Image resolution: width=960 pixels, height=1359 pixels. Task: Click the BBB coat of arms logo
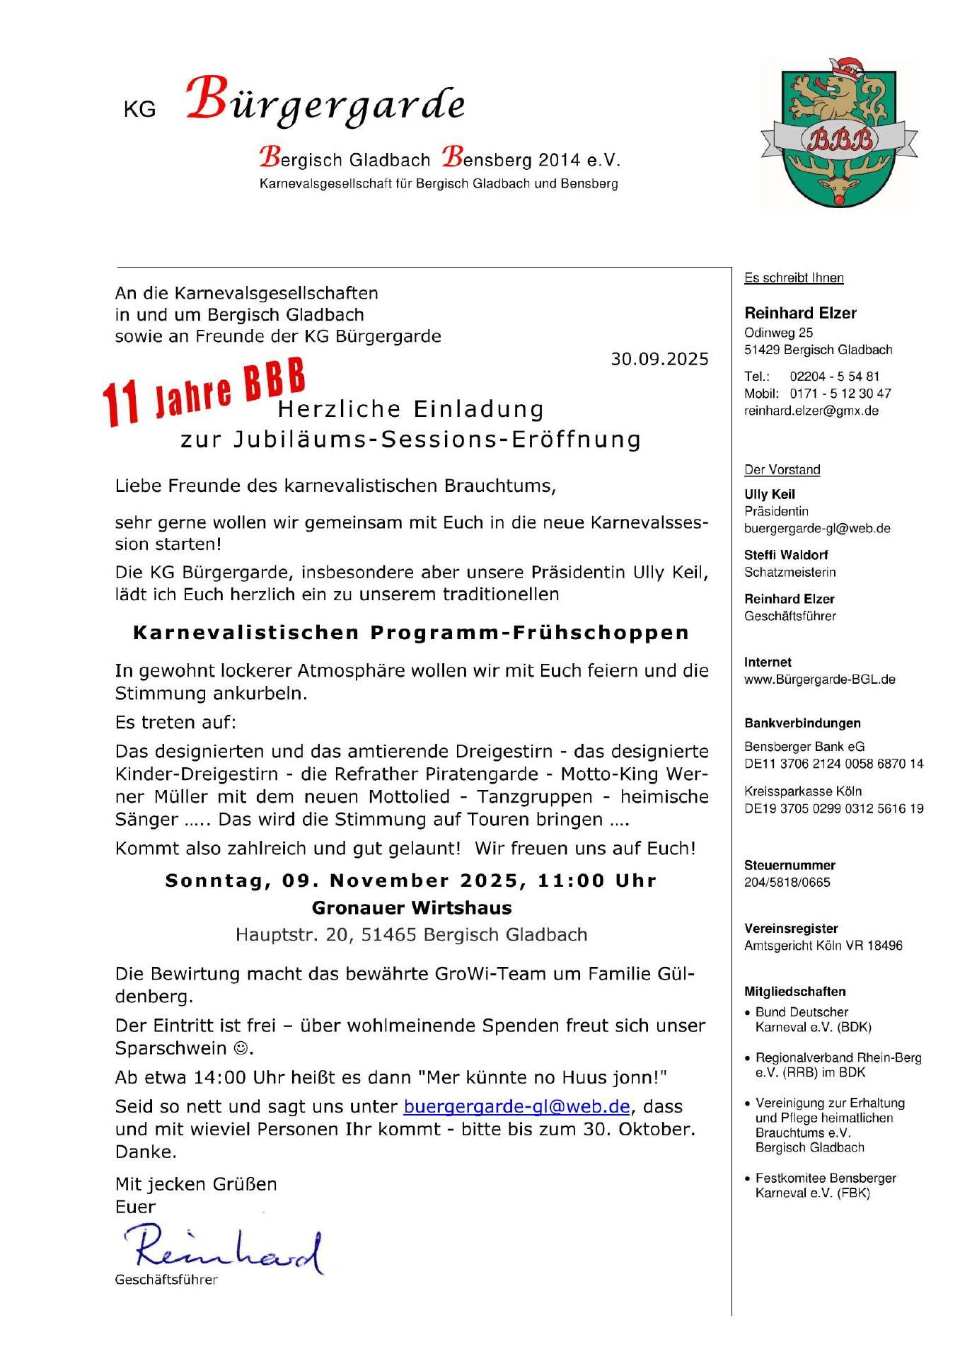(839, 134)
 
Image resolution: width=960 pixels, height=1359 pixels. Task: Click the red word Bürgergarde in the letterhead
(326, 101)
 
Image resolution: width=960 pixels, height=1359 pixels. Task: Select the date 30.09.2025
(659, 360)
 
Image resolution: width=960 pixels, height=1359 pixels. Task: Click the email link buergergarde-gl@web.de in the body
(516, 1107)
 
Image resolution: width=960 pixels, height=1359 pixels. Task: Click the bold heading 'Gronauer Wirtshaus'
(412, 908)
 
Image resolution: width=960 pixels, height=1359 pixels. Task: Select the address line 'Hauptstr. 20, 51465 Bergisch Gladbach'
(412, 935)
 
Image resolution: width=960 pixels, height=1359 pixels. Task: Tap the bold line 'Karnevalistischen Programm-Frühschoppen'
(411, 633)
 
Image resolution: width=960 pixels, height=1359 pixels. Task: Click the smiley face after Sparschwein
(241, 1048)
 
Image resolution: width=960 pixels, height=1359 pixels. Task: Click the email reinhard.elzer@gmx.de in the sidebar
(811, 411)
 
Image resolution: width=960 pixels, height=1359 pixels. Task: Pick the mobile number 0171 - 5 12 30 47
(840, 394)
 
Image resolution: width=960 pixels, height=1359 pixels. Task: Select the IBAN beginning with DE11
(833, 764)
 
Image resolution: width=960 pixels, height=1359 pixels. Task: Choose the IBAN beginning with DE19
(833, 809)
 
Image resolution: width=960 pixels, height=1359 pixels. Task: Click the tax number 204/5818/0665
(787, 883)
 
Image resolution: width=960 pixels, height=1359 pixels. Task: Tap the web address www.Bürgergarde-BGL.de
(819, 679)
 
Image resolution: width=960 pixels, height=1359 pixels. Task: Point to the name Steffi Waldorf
(786, 555)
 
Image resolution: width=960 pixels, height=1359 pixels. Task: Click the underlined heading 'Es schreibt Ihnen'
(794, 278)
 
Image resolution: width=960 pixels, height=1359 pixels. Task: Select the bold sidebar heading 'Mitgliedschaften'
(794, 992)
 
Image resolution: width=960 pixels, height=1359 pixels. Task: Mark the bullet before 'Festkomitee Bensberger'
(748, 1179)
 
